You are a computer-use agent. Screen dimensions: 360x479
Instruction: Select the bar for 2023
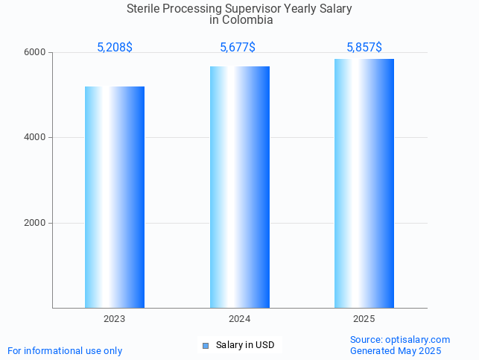coord(115,197)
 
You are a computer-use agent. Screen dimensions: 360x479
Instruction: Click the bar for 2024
coord(240,187)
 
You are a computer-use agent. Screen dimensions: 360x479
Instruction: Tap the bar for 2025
coord(364,183)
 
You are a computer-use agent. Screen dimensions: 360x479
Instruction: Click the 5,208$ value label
coord(115,48)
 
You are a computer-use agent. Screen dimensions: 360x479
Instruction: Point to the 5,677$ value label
coord(238,48)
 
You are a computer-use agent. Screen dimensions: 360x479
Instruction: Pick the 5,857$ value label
coord(364,48)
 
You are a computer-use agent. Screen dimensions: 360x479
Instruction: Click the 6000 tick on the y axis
coord(37,53)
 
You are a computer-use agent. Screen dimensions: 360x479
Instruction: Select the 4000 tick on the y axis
coord(37,138)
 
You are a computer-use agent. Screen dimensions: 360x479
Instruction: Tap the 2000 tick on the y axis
coord(37,224)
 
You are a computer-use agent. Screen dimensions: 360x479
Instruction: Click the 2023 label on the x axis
coord(115,319)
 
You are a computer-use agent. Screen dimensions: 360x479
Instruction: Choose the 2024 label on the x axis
coord(240,319)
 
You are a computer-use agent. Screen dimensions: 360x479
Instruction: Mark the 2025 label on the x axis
coord(364,319)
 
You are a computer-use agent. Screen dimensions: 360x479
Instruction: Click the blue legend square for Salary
coord(206,345)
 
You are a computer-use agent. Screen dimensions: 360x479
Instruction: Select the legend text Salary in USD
coord(245,345)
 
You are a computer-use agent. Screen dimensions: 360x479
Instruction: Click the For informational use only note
coord(65,350)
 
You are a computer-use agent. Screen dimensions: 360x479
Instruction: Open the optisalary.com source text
coord(417,340)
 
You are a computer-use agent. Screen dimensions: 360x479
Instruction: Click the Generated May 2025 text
coord(396,350)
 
